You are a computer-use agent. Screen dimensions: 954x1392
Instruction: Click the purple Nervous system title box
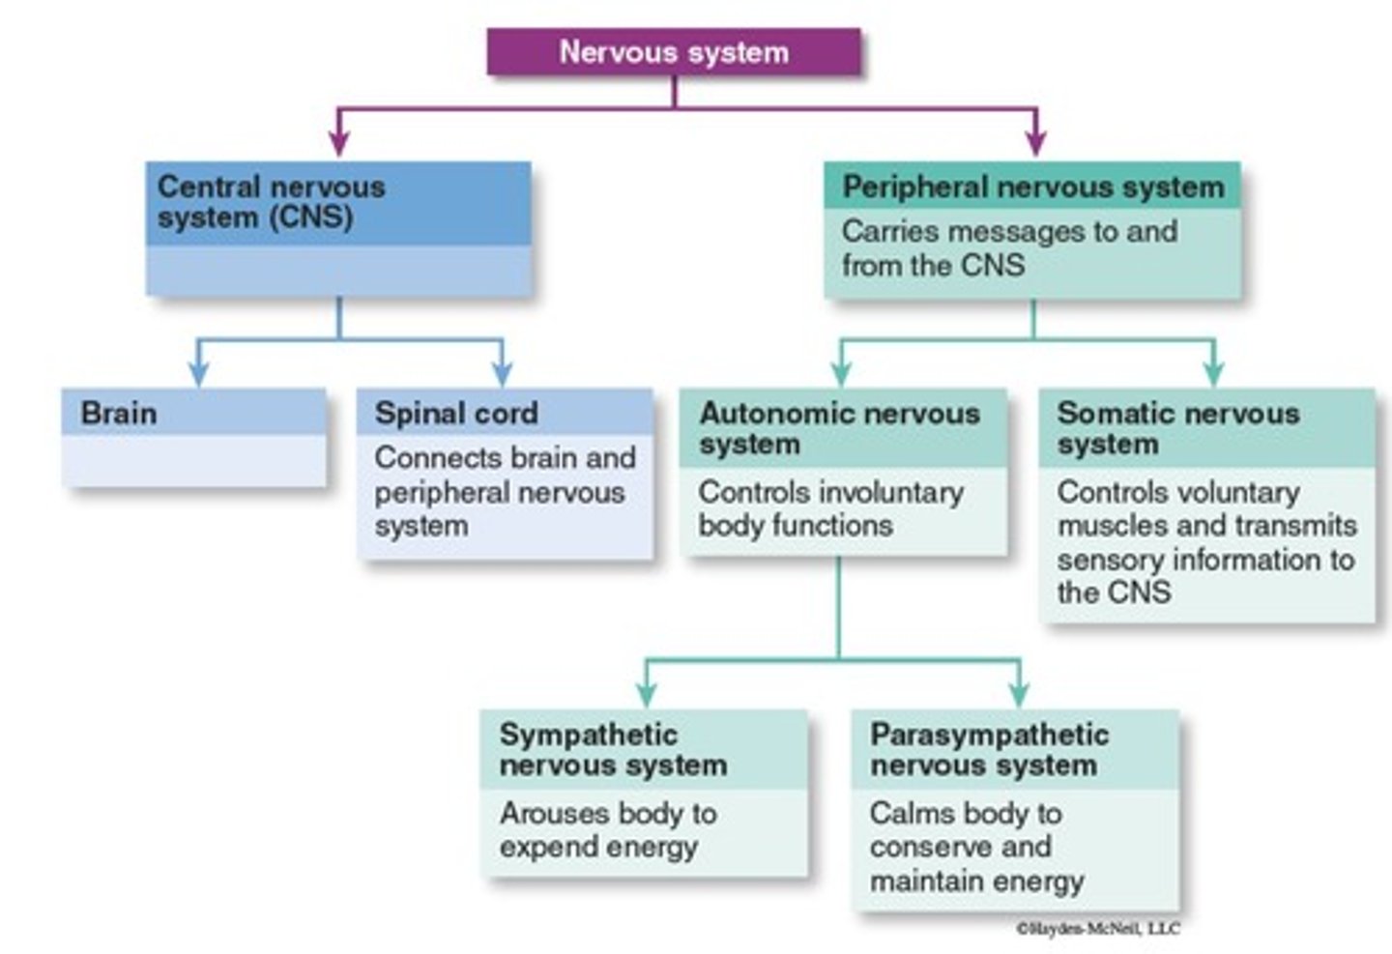674,52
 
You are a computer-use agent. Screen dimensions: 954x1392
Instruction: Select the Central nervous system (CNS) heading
271,201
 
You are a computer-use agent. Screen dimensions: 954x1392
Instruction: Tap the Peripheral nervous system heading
1032,187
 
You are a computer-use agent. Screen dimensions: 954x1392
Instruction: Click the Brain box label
118,413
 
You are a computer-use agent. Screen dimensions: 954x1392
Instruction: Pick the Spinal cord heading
455,413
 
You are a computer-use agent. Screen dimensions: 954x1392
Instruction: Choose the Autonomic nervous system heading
838,428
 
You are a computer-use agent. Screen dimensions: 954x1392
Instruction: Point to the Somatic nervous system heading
1177,428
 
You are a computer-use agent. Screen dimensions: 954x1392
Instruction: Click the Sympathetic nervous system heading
612,749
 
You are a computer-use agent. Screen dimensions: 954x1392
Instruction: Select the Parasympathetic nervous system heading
988,749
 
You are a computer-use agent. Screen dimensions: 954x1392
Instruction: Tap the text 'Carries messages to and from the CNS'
1008,248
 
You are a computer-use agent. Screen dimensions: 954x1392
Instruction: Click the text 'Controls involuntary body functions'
829,508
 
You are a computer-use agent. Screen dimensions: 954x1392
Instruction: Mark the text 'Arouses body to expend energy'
607,829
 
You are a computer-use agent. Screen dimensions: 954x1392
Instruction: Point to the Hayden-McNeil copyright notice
1097,929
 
